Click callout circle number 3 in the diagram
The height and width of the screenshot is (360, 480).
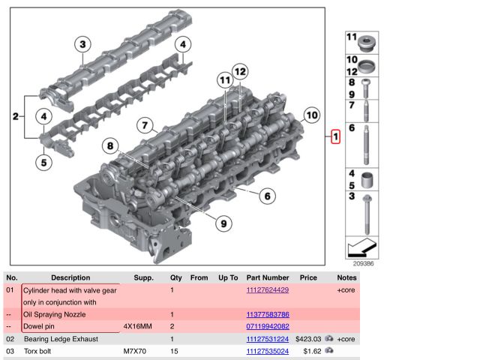click(82, 44)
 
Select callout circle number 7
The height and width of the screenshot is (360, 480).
click(145, 126)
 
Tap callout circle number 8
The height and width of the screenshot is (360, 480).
click(111, 145)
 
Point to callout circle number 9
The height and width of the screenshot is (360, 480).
click(222, 223)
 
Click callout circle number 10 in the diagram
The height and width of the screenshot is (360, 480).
click(311, 115)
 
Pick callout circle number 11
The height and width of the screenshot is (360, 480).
click(223, 79)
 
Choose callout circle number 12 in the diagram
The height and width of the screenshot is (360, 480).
click(239, 72)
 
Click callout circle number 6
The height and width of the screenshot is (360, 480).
click(265, 197)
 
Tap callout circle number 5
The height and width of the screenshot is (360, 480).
click(45, 160)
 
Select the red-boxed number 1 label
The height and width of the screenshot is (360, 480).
click(335, 137)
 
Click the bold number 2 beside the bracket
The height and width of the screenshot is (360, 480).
click(16, 116)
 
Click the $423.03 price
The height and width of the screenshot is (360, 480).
click(307, 339)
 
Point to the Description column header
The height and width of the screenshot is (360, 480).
click(70, 277)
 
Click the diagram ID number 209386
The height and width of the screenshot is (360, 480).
click(363, 263)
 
